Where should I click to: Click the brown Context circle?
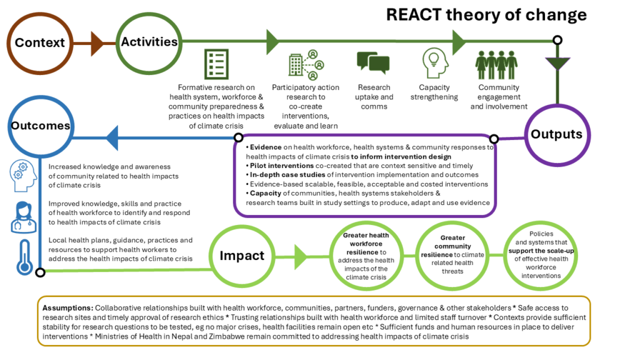[x=40, y=42]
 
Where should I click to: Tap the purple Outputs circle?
[x=556, y=134]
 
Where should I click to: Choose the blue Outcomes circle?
[x=40, y=126]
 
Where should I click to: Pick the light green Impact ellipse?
[x=241, y=256]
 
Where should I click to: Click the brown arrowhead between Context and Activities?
[x=96, y=42]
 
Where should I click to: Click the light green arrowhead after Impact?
[x=301, y=256]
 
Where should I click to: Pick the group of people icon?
[x=496, y=64]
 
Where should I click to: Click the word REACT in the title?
[x=412, y=14]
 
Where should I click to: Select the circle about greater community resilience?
[x=452, y=255]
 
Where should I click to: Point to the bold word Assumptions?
[x=67, y=309]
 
